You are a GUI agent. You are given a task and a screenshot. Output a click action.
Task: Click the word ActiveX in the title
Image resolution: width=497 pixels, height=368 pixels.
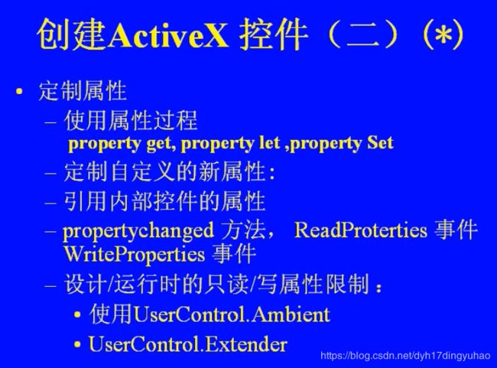167,34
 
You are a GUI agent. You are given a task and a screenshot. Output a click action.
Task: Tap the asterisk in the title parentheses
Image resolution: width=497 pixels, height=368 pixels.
443,34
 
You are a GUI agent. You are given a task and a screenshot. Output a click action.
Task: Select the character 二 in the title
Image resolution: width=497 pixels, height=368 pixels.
363,35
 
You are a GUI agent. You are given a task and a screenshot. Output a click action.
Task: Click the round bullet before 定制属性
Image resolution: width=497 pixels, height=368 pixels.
19,92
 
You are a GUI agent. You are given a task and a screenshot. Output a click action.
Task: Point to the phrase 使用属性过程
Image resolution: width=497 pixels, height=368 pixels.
131,121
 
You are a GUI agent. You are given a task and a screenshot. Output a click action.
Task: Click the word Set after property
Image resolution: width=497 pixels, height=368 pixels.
380,143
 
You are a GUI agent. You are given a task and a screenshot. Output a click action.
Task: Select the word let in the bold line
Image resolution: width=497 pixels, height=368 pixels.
270,143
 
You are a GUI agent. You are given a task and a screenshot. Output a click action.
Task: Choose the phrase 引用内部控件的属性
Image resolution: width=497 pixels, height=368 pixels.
164,201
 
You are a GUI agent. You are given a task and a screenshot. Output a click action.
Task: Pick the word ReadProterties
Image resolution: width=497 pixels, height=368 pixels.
361,230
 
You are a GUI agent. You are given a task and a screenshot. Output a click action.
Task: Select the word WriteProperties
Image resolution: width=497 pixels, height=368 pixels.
134,255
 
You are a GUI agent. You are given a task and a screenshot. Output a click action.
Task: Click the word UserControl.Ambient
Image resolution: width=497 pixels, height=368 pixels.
232,314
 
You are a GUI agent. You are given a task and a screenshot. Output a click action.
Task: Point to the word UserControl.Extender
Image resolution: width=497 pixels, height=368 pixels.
188,344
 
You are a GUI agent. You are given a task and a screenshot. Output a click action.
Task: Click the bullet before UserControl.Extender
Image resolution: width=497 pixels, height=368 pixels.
77,344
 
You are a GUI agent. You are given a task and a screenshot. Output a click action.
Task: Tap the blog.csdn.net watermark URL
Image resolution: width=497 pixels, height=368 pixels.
405,356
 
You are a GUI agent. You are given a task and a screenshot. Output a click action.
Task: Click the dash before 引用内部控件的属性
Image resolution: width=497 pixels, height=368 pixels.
50,202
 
